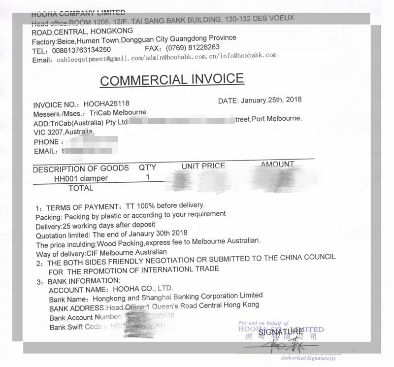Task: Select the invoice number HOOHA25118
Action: tap(106, 104)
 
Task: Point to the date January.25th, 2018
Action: tap(271, 100)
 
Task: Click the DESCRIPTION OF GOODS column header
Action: tap(81, 169)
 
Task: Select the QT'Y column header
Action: tap(147, 167)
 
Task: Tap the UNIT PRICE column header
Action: tap(203, 166)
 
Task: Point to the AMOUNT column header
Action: tap(277, 164)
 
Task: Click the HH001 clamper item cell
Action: tap(81, 178)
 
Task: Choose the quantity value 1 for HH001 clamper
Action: tap(148, 177)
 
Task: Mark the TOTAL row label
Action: tap(81, 188)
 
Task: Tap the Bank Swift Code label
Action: tap(75, 327)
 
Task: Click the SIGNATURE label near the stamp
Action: tap(281, 332)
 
